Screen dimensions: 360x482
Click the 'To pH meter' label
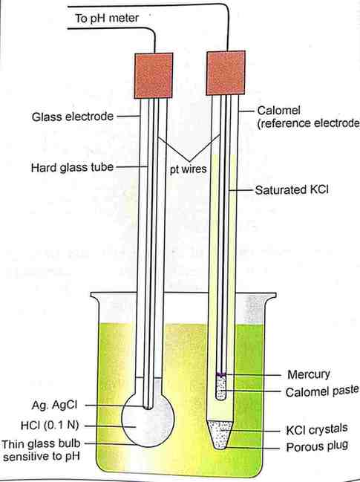click(x=107, y=19)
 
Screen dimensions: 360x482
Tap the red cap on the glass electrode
click(x=153, y=76)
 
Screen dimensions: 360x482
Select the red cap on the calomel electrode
click(x=226, y=73)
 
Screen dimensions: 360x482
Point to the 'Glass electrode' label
click(x=73, y=117)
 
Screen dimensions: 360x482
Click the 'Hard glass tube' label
click(x=72, y=168)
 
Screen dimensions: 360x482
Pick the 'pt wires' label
click(x=189, y=169)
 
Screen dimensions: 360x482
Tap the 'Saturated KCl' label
click(x=292, y=189)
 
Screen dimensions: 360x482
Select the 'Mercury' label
click(x=309, y=374)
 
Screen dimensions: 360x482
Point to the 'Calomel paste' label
click(x=322, y=391)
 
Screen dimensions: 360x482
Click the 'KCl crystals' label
click(x=317, y=429)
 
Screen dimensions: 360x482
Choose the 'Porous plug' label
click(x=317, y=446)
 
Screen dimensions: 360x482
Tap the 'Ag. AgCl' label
click(x=54, y=405)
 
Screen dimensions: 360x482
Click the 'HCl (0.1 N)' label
click(x=50, y=426)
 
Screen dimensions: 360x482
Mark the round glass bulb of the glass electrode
click(x=148, y=420)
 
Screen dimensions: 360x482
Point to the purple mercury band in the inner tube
click(x=221, y=374)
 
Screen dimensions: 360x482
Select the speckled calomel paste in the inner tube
click(x=221, y=388)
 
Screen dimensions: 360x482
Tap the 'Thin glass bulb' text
click(x=41, y=444)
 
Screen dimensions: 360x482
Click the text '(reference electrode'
click(x=308, y=123)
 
